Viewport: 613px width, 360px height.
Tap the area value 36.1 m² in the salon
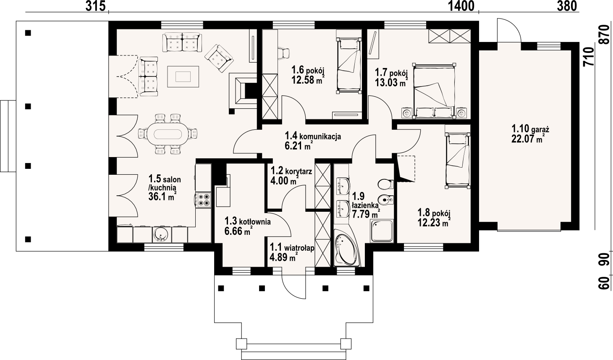[x=162, y=196]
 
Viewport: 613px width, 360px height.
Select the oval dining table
[x=168, y=134]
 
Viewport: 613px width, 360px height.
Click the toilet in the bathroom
[x=385, y=184]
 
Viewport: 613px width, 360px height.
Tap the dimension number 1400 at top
[x=461, y=6]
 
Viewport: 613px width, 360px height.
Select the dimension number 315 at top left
[x=95, y=6]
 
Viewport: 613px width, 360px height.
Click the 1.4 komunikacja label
[x=313, y=136]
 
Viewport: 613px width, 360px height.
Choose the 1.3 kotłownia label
[x=248, y=221]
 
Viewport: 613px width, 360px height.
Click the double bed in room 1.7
[x=435, y=91]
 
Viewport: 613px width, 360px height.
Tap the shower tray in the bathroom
[x=382, y=231]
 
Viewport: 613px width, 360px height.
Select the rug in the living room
[x=183, y=76]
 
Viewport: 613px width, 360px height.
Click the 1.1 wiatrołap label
[x=292, y=248]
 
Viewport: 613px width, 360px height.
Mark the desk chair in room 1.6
[x=283, y=53]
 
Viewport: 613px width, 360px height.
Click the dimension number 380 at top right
[x=567, y=6]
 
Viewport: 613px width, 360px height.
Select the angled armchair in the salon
[x=219, y=58]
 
